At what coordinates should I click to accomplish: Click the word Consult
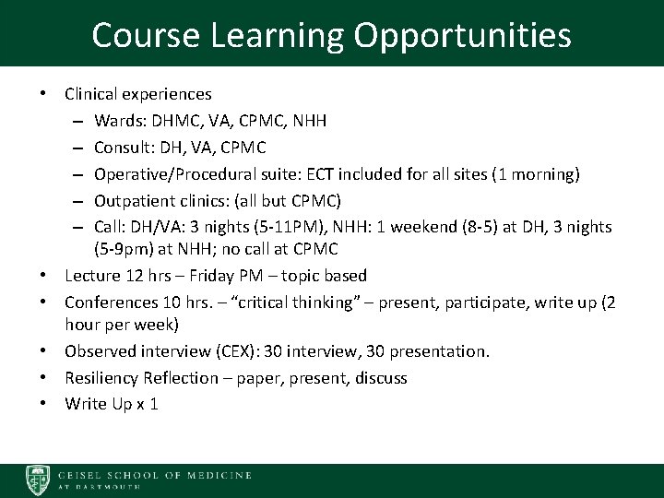click(121, 146)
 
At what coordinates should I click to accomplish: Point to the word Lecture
click(90, 275)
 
